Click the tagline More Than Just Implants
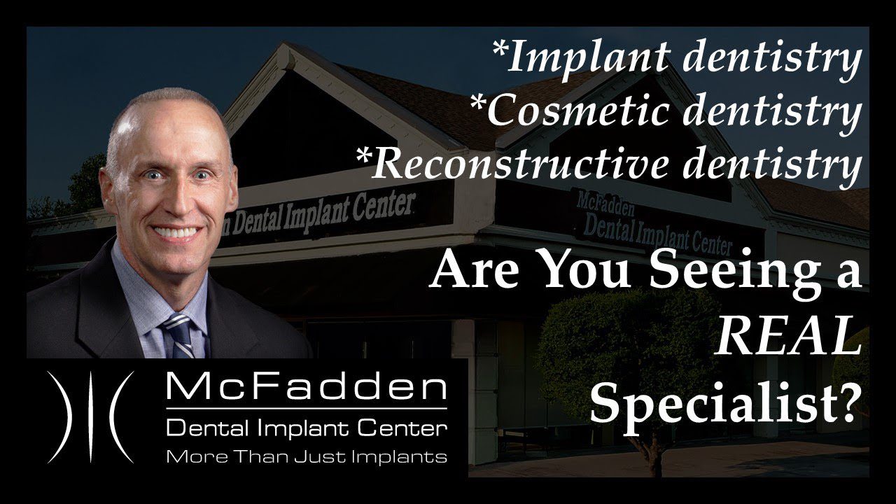click(x=306, y=457)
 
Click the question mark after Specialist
click(x=848, y=403)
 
